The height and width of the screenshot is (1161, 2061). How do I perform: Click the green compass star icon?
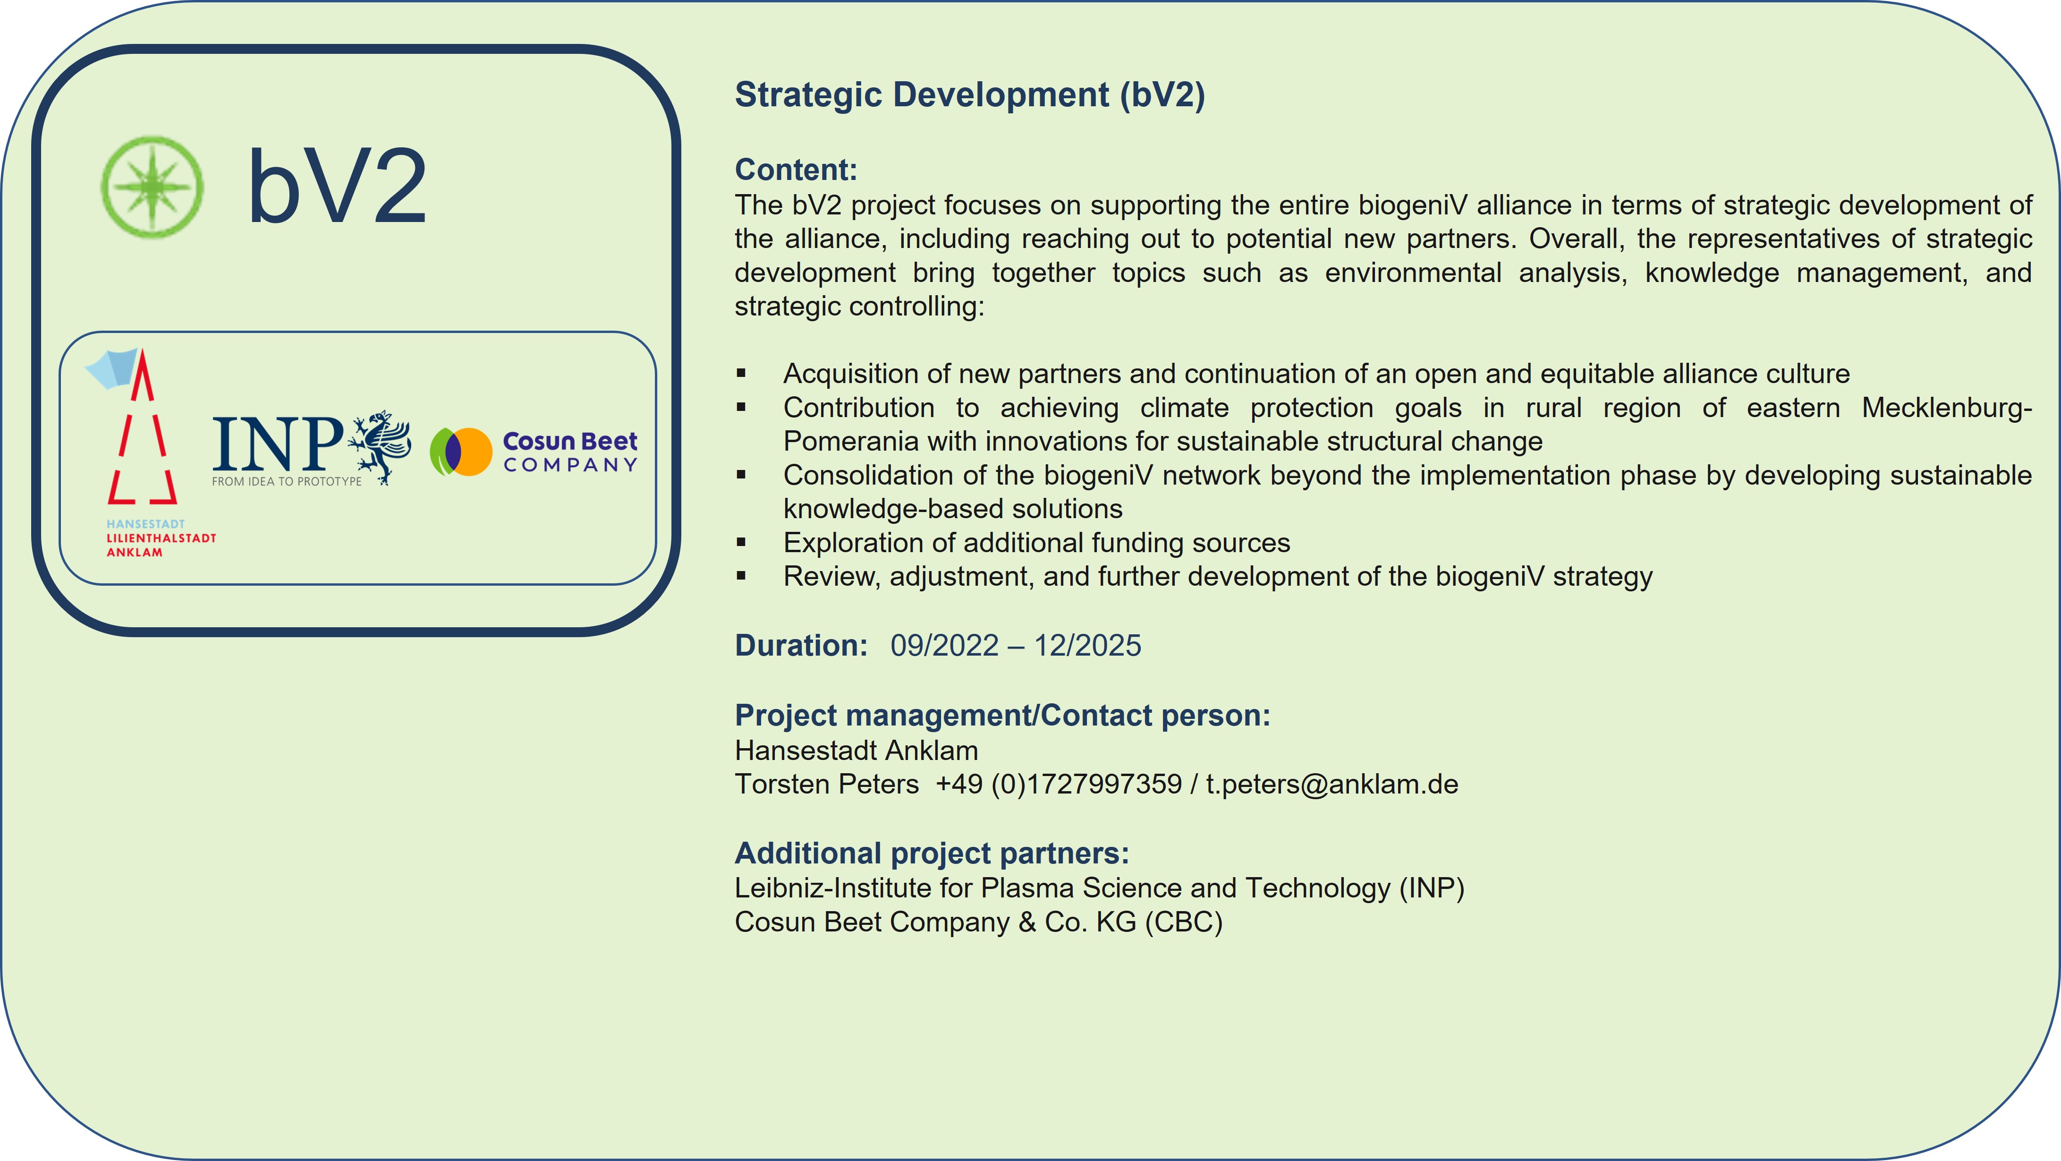coord(152,187)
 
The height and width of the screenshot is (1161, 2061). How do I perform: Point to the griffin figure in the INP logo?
coord(380,446)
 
